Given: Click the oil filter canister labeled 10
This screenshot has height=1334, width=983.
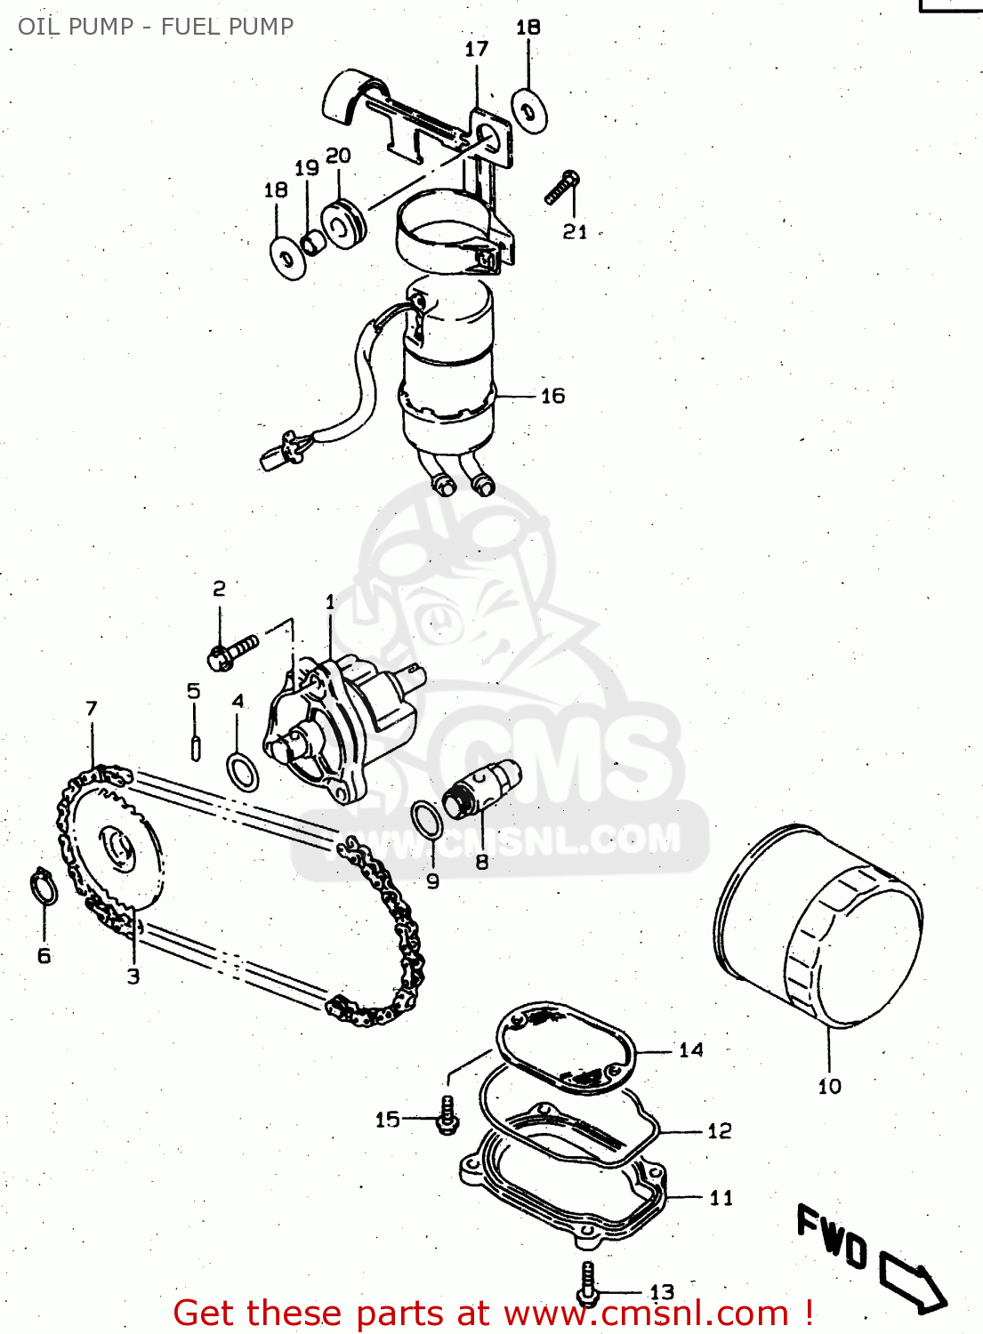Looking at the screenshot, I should tap(818, 929).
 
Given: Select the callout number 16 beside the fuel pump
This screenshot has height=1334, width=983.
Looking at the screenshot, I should tap(552, 396).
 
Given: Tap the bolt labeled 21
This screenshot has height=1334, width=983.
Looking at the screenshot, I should tap(561, 189).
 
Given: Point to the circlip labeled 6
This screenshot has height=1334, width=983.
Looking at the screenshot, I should tap(44, 888).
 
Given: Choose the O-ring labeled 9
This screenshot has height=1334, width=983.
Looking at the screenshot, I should tap(427, 818).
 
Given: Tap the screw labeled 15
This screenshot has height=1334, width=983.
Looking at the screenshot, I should tap(447, 1115).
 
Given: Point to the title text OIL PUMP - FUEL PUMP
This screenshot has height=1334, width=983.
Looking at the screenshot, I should tap(156, 27).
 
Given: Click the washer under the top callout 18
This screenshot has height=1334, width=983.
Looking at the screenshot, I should tap(530, 112).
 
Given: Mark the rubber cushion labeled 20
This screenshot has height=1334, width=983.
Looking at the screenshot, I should tap(342, 226).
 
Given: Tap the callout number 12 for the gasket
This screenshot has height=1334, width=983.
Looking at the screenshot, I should tap(720, 1131).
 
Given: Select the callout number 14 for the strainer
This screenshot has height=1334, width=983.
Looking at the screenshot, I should tap(691, 1050).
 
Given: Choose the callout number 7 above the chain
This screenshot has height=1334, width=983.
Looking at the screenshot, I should tap(92, 709).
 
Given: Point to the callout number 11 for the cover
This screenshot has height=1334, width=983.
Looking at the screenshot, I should tap(721, 1198).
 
